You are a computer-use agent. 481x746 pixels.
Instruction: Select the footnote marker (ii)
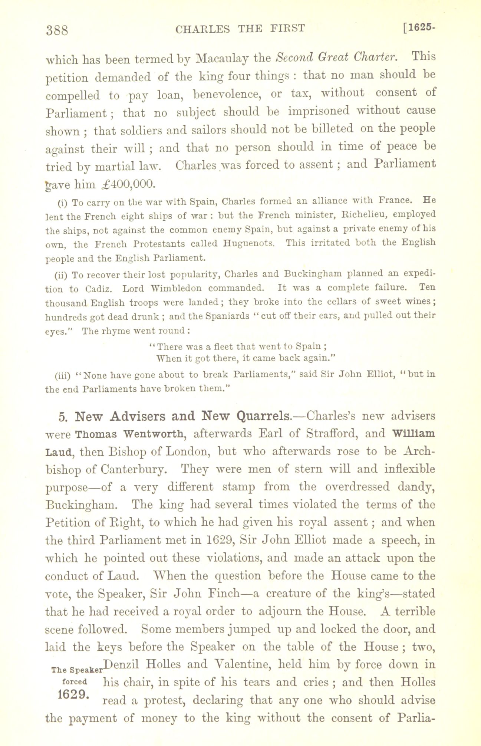(x=59, y=275)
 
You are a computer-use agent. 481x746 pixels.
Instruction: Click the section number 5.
(x=63, y=416)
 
